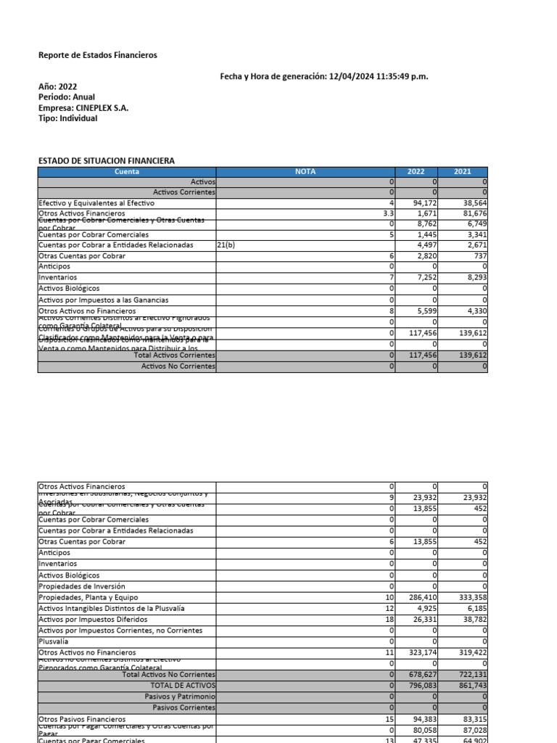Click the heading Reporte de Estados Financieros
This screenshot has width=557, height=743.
97,55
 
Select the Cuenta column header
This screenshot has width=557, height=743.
127,172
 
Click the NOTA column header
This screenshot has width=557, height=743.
305,172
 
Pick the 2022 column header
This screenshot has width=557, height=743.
416,172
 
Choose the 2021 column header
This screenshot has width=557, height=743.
463,172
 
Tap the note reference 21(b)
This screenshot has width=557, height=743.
226,245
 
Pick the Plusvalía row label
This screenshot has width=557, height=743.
54,642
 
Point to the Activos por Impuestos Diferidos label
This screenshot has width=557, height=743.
93,619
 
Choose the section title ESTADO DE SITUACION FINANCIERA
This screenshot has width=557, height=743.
106,160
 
